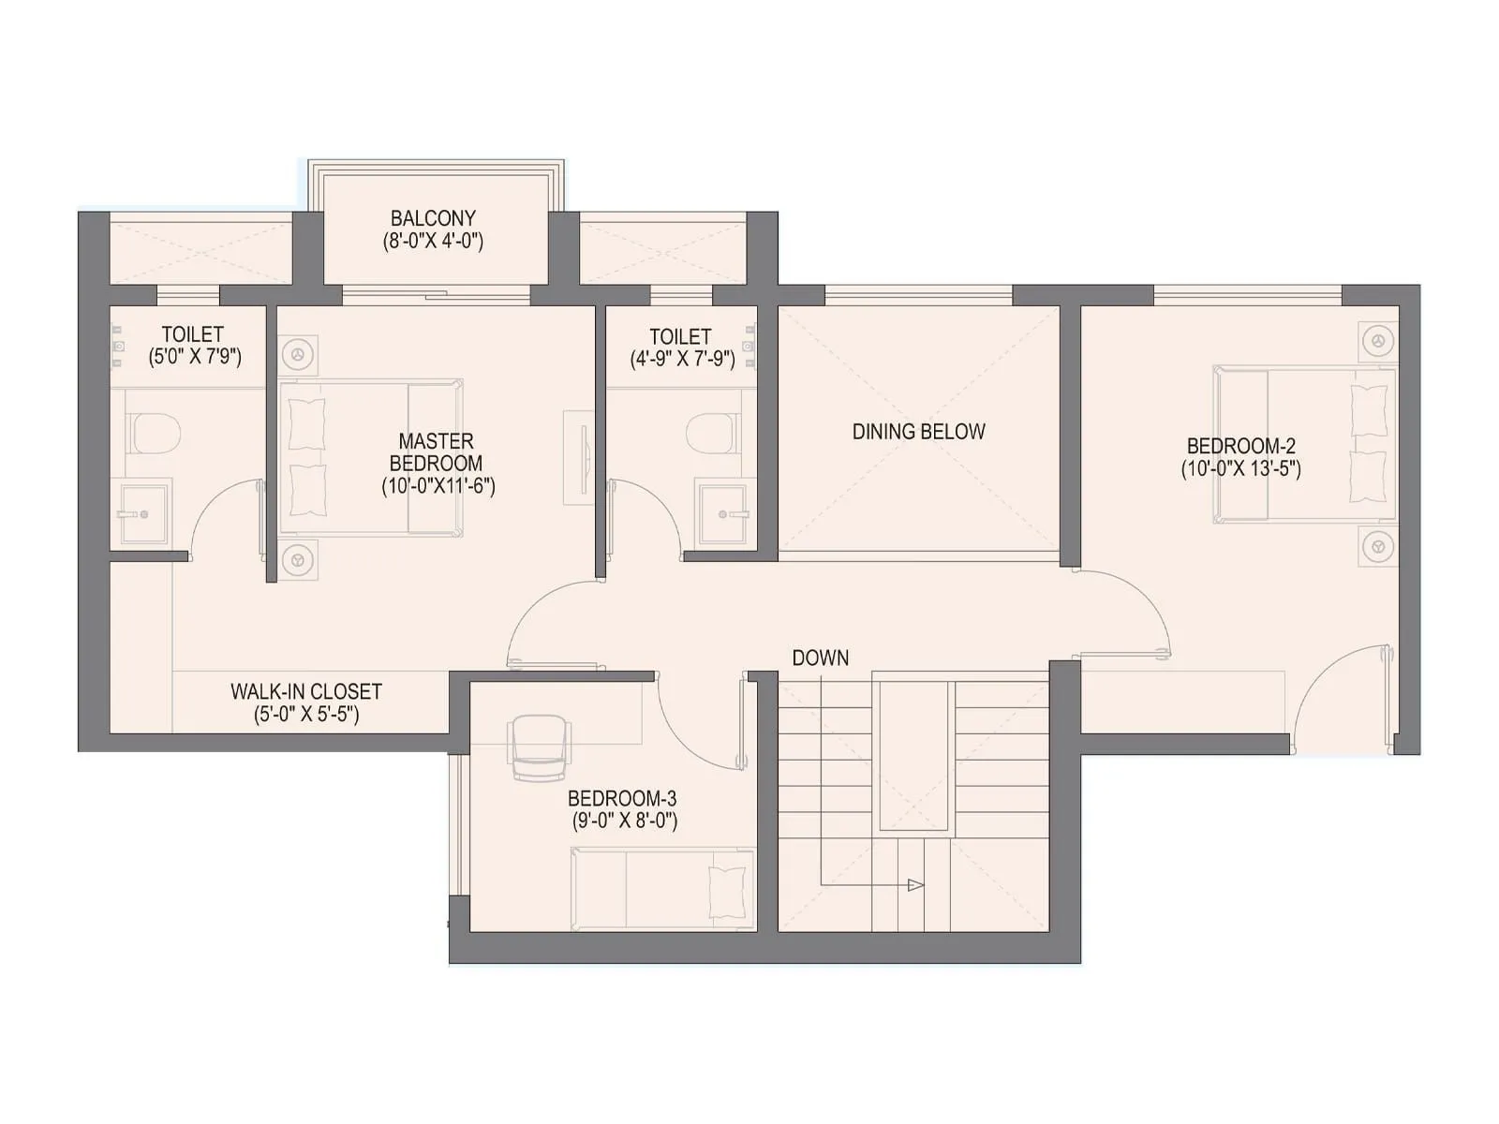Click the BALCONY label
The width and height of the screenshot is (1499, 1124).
click(433, 218)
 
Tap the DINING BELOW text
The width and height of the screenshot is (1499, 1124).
click(918, 432)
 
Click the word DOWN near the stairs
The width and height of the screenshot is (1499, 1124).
click(821, 658)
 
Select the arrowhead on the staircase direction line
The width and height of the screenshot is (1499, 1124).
click(915, 885)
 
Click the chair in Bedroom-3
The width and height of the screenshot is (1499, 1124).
click(539, 747)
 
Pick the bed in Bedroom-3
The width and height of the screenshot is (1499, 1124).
click(662, 889)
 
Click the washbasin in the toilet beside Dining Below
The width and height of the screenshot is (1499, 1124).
click(725, 513)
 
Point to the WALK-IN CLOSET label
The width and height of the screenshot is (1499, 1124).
click(306, 692)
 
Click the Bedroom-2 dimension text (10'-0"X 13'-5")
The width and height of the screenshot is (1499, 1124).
click(1240, 469)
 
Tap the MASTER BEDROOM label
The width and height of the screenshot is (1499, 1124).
click(437, 451)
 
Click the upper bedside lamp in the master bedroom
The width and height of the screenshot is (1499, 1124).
click(299, 355)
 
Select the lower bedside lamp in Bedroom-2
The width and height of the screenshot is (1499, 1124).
click(1377, 546)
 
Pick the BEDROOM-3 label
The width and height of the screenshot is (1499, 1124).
click(622, 799)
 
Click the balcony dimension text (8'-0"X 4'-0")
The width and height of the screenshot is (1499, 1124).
click(433, 242)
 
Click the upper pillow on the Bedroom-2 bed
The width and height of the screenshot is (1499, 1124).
click(1369, 409)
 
